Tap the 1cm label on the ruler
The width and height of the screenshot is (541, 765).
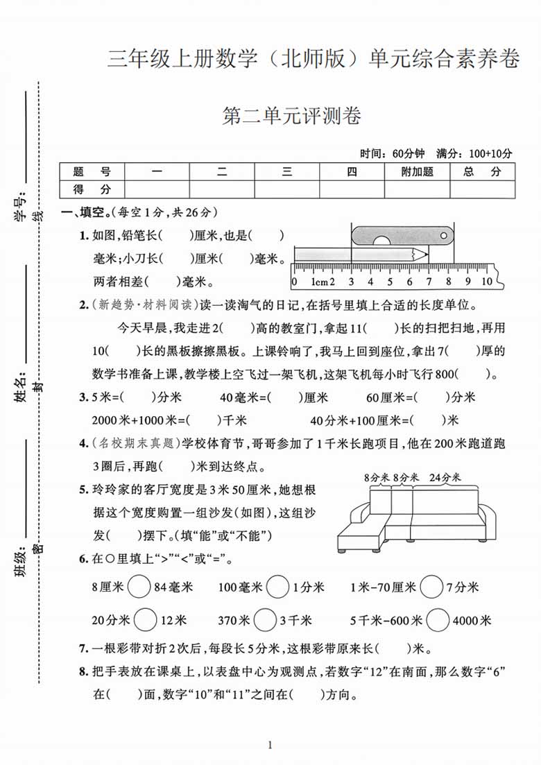tap(319, 282)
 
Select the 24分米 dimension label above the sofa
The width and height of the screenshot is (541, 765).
tap(445, 477)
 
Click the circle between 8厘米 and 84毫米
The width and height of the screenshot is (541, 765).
tap(139, 587)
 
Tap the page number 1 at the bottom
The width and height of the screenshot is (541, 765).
tap(270, 746)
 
